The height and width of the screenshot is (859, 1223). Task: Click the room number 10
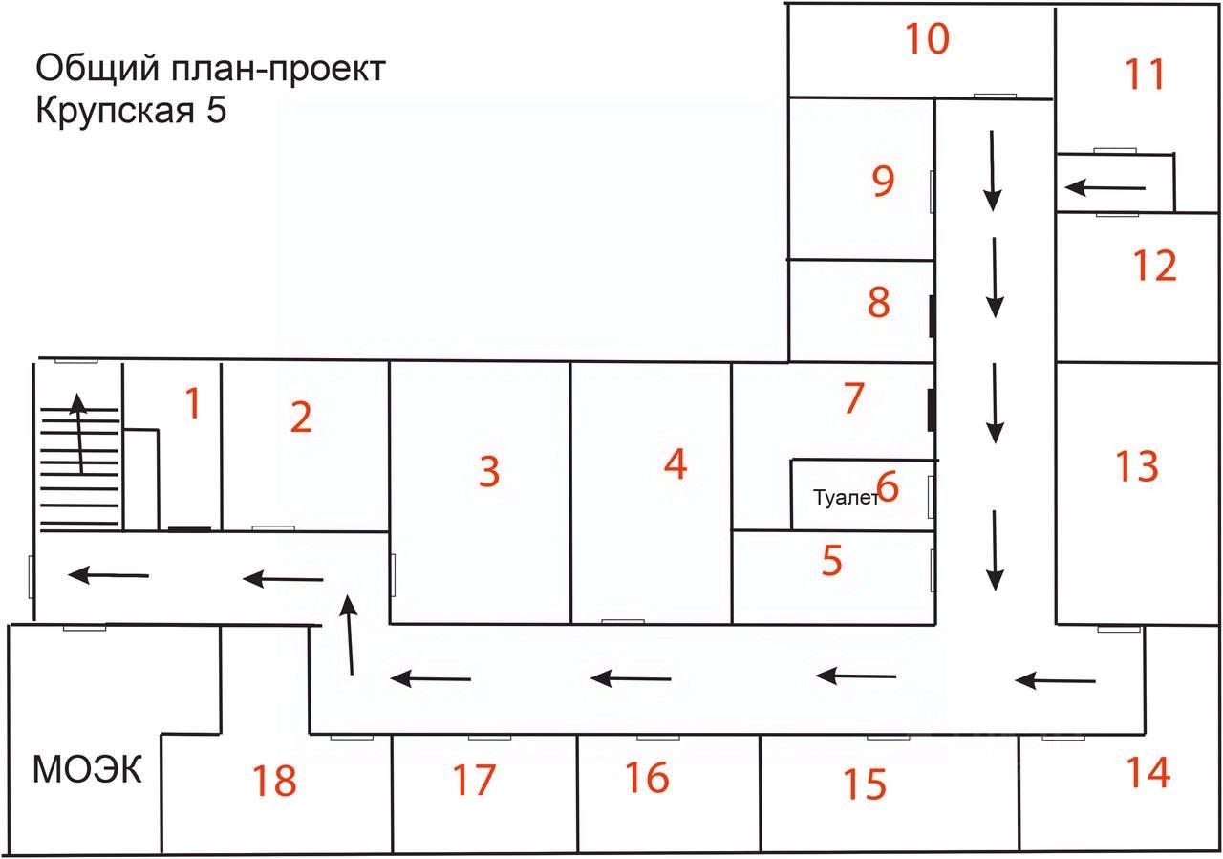[x=927, y=40]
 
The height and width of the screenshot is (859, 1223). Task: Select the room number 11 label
[x=1145, y=74]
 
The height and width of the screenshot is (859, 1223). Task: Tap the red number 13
[x=1136, y=466]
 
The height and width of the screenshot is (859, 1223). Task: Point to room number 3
[x=489, y=471]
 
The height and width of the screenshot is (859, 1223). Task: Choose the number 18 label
[x=274, y=781]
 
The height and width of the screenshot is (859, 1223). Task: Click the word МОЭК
[x=87, y=768]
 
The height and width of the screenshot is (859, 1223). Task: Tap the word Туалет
[x=844, y=498]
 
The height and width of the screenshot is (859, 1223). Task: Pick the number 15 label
[x=865, y=784]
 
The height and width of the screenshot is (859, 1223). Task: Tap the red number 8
[x=878, y=302]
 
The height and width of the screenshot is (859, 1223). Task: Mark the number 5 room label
[x=832, y=561]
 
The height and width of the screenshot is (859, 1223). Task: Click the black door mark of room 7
[x=931, y=408]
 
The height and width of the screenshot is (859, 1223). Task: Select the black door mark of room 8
[x=931, y=316]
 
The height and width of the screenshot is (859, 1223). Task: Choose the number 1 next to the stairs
[x=193, y=404]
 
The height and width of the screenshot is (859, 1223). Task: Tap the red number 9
[x=883, y=181]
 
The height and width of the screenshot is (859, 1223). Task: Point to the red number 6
[x=888, y=487]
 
